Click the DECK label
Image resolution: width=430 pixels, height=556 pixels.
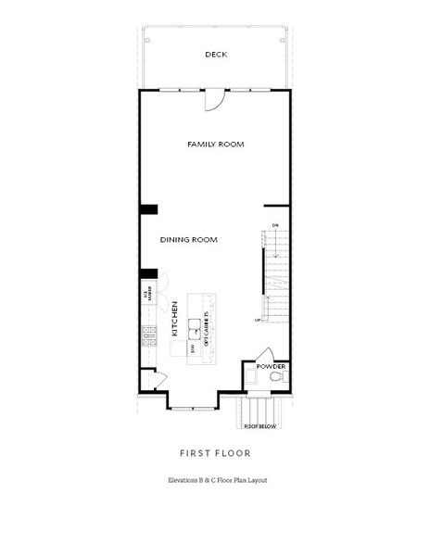point(215,55)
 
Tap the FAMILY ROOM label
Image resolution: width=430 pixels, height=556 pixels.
point(215,145)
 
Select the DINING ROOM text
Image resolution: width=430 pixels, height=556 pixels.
point(188,239)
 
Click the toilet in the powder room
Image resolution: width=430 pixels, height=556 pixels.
point(275,378)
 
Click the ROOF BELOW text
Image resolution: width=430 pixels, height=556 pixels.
point(261,427)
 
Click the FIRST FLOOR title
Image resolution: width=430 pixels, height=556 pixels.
point(214,453)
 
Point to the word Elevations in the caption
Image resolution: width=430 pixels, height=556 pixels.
point(183,480)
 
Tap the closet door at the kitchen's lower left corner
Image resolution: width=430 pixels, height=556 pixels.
point(158,378)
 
